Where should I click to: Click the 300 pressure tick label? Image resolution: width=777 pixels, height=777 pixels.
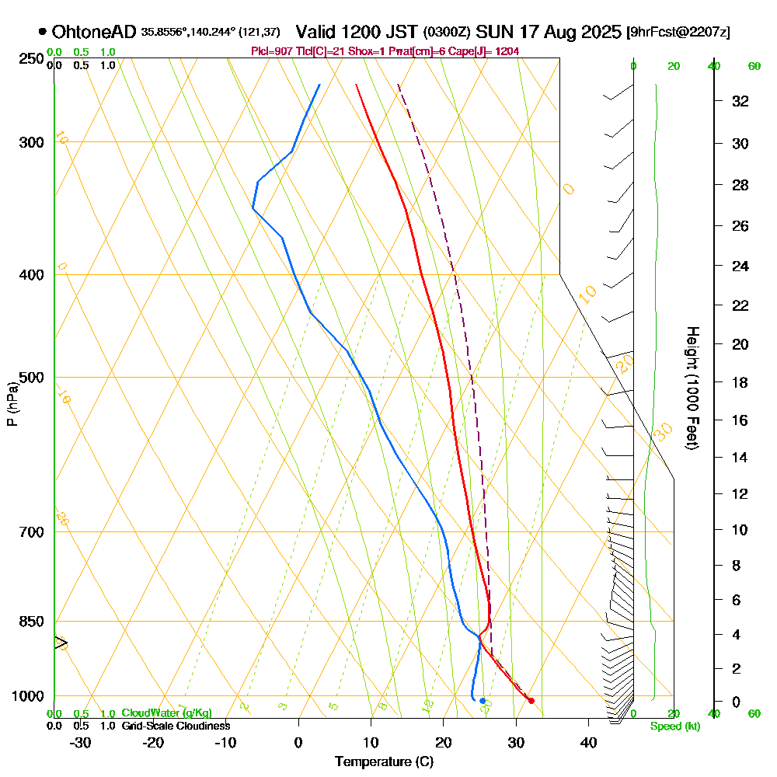click(x=31, y=142)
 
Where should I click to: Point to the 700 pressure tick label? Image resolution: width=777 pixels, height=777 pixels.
click(x=31, y=532)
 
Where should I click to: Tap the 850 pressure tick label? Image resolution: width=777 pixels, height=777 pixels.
click(x=31, y=622)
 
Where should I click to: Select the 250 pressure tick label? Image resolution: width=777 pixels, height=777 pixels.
click(x=31, y=59)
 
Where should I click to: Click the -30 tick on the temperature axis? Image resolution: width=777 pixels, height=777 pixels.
click(x=80, y=742)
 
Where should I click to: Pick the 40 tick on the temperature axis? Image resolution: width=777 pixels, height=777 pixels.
click(x=588, y=742)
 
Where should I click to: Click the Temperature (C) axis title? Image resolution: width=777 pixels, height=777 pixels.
click(x=384, y=761)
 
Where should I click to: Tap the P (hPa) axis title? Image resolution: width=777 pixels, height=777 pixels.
click(x=12, y=403)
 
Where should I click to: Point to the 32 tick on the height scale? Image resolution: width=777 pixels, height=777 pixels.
click(x=740, y=101)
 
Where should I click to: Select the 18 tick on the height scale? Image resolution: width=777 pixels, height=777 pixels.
click(x=740, y=382)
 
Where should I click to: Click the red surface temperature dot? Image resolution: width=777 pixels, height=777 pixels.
click(x=531, y=701)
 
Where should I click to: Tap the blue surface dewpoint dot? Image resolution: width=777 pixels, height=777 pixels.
click(x=483, y=701)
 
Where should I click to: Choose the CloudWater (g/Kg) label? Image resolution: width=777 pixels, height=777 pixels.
click(x=166, y=713)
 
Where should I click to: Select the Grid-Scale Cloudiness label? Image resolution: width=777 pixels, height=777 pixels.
click(x=176, y=726)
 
